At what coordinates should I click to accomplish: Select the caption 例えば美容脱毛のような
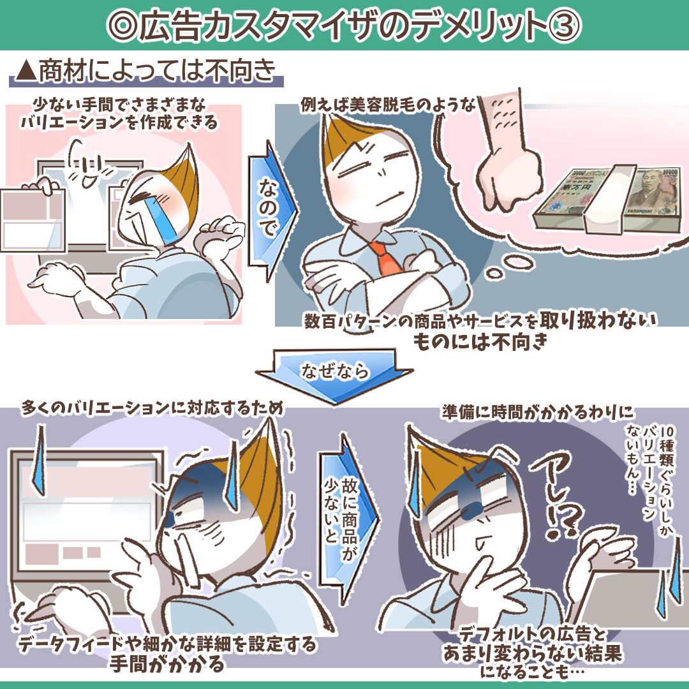(388, 105)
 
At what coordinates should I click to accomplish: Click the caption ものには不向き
(480, 341)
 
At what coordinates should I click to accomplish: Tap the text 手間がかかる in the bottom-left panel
(167, 663)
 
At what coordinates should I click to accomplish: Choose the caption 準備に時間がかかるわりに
(538, 412)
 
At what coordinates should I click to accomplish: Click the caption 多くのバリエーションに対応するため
(152, 408)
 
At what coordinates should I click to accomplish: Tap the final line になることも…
(531, 672)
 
